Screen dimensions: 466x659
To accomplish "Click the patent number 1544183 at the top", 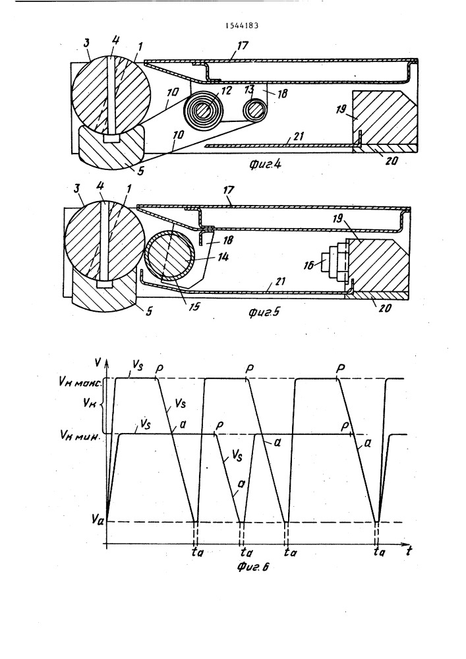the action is pos(242,25).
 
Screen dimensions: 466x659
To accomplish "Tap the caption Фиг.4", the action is pos(265,164).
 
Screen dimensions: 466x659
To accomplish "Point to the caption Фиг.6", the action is pos(252,567).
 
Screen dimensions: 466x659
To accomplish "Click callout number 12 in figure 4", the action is pos(227,91).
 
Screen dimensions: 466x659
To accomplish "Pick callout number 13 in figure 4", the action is pos(249,90).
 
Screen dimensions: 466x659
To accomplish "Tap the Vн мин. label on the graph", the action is pos(79,437).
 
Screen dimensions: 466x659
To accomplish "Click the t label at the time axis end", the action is pos(409,552).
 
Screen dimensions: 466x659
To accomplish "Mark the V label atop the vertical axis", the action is pos(98,361).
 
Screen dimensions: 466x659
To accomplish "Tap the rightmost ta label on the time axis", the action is pos(378,552).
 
